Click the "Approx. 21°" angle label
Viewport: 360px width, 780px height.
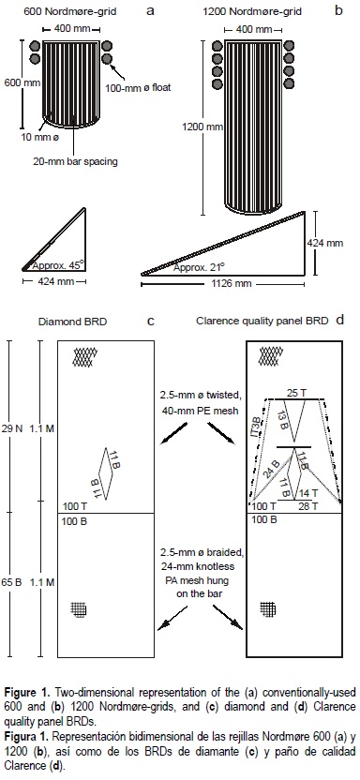199,267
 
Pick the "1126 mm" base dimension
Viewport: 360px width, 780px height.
223,284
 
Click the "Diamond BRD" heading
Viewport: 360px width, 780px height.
72,322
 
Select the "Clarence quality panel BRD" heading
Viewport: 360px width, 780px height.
262,322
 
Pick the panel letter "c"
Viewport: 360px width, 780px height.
150,321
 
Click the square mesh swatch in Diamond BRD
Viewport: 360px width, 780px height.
78,608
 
